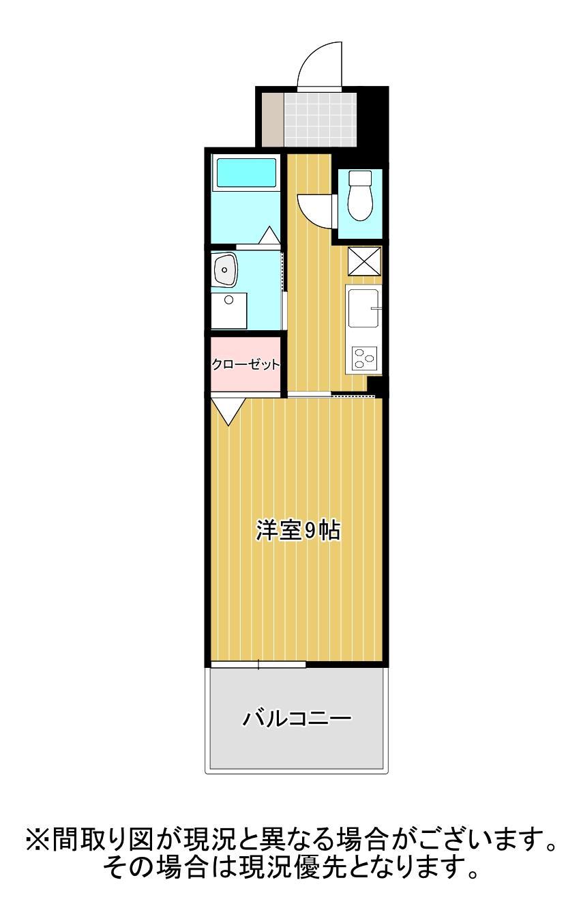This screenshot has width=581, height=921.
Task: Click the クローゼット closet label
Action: [245, 364]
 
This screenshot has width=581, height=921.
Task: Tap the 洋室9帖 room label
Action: [298, 531]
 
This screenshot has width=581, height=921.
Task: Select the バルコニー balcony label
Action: [297, 718]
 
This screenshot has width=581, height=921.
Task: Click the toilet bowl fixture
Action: [359, 196]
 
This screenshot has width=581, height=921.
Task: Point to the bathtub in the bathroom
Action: [246, 174]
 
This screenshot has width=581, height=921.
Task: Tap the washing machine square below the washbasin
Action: [228, 310]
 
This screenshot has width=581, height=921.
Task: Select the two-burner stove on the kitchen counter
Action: [364, 357]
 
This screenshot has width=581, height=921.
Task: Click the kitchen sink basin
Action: [363, 308]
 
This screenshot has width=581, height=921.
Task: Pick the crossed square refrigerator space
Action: [364, 261]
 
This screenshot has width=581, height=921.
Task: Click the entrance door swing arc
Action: [318, 66]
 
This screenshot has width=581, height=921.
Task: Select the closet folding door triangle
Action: [228, 411]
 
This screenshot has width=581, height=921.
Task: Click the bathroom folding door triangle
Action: [269, 235]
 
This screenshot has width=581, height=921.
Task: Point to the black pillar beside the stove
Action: [377, 385]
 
